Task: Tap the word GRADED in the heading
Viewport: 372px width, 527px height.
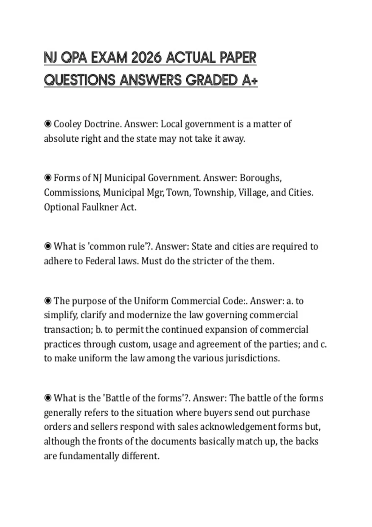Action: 211,81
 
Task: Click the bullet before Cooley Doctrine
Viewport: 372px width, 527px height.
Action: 48,124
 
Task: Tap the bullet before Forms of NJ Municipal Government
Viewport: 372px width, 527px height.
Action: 48,178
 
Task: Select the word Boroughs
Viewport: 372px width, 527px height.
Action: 260,178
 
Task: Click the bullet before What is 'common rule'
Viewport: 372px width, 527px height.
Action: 48,246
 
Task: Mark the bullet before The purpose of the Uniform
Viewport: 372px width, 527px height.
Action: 48,301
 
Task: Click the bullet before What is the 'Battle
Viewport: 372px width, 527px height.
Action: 48,398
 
